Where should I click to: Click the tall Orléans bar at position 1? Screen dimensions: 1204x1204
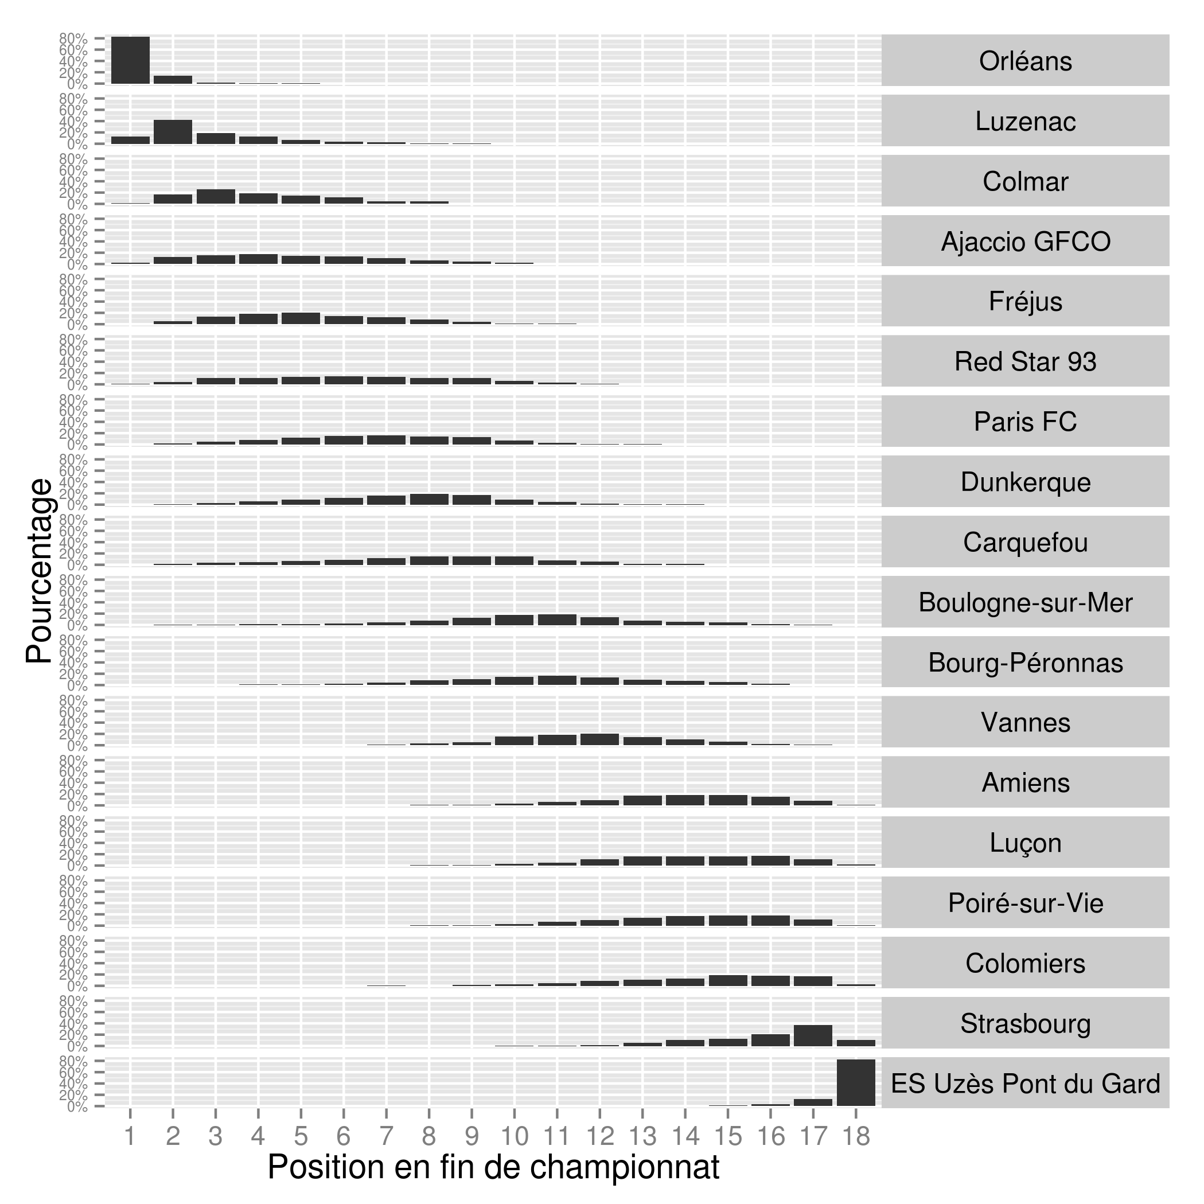pos(130,60)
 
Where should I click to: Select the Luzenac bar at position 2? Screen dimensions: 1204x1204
pos(173,132)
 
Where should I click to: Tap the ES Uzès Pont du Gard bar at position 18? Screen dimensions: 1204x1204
pos(856,1082)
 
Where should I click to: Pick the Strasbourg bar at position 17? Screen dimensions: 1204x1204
pos(813,1035)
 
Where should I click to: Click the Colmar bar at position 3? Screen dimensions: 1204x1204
pos(216,197)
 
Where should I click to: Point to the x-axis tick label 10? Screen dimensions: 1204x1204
pos(514,1137)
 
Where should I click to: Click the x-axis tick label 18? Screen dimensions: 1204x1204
pos(856,1137)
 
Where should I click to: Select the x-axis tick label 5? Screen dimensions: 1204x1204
pos(301,1137)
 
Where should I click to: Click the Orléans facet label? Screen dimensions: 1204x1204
pos(1025,61)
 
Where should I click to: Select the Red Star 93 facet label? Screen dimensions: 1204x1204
pos(1025,361)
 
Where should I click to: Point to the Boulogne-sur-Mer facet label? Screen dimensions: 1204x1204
pos(1025,602)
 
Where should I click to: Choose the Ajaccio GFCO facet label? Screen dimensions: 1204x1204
pos(1025,241)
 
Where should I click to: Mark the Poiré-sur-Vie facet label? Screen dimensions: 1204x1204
pos(1025,902)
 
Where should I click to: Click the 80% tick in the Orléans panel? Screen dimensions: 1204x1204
pos(73,38)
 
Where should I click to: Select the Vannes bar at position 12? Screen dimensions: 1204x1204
pos(599,739)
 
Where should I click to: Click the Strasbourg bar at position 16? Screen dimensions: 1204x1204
pos(770,1040)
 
